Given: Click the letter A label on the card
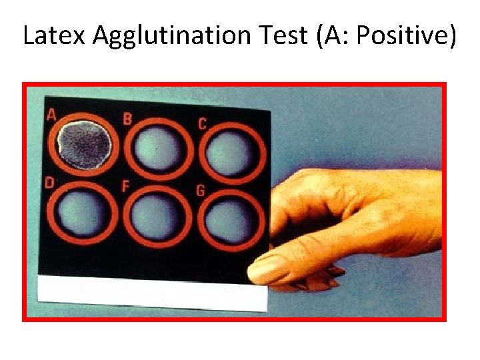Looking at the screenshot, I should coord(51,115).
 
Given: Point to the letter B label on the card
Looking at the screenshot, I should coord(127,119).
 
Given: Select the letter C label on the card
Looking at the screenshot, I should coord(202,123).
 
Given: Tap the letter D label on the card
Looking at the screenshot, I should coord(49,183).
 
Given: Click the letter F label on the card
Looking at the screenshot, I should coord(125,187).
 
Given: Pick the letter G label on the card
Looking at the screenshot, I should coord(200,191).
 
